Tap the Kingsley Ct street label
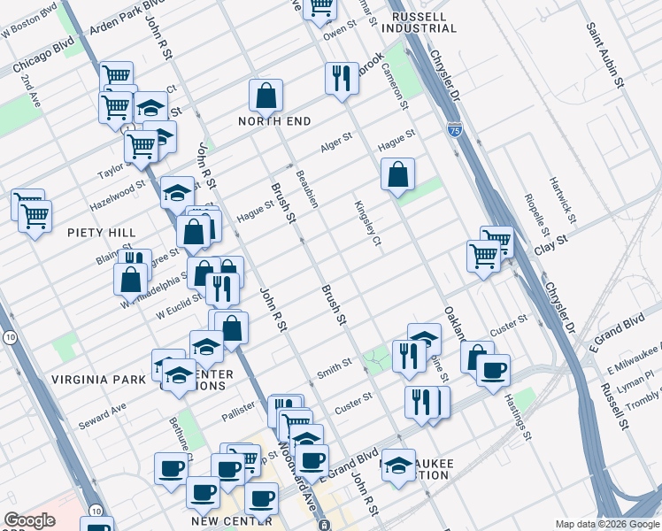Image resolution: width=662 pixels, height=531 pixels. pyautogui.click(x=368, y=223)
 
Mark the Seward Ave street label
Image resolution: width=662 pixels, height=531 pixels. pyautogui.click(x=102, y=413)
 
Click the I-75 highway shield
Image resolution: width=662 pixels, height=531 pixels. pyautogui.click(x=454, y=129)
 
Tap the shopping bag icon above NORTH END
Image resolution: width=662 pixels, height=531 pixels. pyautogui.click(x=266, y=95)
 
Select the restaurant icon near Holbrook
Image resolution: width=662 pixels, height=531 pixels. pyautogui.click(x=341, y=78)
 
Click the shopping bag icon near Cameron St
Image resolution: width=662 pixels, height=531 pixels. pyautogui.click(x=398, y=173)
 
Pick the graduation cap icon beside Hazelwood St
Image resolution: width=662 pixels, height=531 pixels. pyautogui.click(x=177, y=192)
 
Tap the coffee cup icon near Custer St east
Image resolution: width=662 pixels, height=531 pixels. pyautogui.click(x=493, y=368)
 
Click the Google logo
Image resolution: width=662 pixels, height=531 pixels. pyautogui.click(x=29, y=520)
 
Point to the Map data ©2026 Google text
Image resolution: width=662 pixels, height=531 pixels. pyautogui.click(x=606, y=524)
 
